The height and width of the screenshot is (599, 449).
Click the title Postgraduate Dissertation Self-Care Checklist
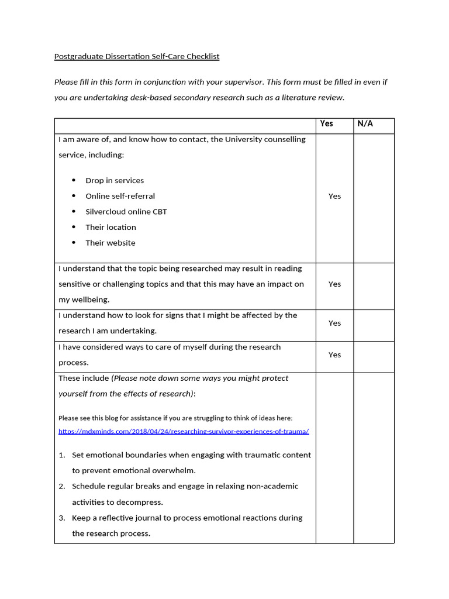[x=137, y=57]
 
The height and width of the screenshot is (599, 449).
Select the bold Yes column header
[x=326, y=123]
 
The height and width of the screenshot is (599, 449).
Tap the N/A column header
[x=365, y=123]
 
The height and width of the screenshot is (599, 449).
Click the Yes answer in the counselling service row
[x=334, y=196]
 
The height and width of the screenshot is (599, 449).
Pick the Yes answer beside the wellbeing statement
[x=334, y=284]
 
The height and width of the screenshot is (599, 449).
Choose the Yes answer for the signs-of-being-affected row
[x=334, y=323]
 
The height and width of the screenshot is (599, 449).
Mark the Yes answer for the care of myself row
[x=334, y=354]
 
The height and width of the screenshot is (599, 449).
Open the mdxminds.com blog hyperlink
[x=184, y=431]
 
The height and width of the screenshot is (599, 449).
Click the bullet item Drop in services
[x=115, y=181]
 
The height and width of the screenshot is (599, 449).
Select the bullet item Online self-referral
[x=120, y=196]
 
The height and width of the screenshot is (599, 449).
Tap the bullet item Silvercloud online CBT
[x=126, y=212]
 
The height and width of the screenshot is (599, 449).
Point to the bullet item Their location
[x=110, y=227]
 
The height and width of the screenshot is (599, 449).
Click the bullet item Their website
[x=110, y=243]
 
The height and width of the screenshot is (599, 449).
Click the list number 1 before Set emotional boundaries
[x=61, y=455]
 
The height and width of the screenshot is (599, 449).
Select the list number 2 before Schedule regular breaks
[x=61, y=486]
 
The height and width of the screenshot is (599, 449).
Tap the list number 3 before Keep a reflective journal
[x=61, y=518]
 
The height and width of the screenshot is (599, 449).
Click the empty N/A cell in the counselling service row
[x=374, y=198]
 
